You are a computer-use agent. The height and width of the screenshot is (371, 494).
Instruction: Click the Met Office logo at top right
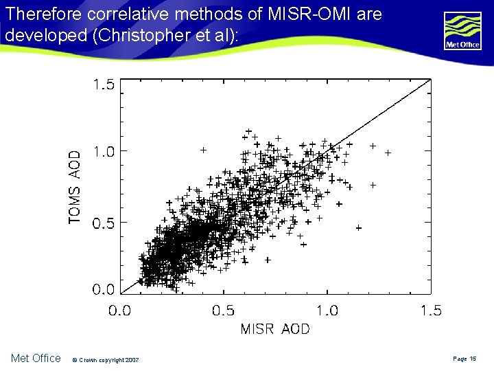(462, 32)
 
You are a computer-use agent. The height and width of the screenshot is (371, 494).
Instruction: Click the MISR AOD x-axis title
(274, 329)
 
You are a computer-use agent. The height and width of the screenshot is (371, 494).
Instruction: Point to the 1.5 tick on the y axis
(104, 85)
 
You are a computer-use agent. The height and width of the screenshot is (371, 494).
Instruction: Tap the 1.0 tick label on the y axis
(104, 152)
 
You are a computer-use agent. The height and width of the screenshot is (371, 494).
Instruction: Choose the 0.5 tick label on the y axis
(104, 223)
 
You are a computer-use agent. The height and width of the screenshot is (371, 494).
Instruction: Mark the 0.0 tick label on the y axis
(104, 289)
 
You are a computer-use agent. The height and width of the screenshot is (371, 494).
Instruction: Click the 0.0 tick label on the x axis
(120, 311)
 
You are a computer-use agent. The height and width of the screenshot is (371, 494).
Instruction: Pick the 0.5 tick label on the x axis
(223, 311)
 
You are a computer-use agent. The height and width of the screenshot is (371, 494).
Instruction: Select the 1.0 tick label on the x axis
(327, 311)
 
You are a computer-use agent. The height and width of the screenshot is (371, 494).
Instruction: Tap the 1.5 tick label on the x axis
(430, 311)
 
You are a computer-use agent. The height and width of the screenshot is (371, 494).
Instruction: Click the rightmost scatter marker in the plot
(388, 152)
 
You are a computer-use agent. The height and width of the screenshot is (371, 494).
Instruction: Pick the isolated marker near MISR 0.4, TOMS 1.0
(203, 149)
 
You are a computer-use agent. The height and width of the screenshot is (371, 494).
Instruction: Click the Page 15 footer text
(464, 359)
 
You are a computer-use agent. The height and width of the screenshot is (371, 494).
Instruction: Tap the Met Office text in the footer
(36, 358)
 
